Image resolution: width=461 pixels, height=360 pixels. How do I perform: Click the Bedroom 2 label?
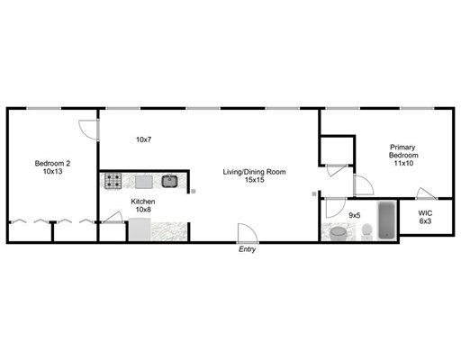[x=52, y=163]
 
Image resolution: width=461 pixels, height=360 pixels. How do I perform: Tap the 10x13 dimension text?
[x=52, y=172]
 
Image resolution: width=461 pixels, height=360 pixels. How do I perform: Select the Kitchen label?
[x=143, y=201]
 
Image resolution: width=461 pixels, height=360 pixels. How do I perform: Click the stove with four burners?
[x=113, y=181]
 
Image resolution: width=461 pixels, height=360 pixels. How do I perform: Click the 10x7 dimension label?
[x=143, y=139]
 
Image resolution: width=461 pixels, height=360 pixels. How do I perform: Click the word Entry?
[x=247, y=249]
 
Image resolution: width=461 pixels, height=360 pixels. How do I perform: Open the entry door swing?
[x=247, y=232]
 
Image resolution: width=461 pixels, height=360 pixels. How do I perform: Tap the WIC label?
[x=425, y=213]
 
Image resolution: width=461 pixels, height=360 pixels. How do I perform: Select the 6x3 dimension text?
[x=425, y=223]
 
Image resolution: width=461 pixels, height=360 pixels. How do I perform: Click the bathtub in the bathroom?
[x=387, y=220]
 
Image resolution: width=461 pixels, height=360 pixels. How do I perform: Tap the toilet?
[x=366, y=232]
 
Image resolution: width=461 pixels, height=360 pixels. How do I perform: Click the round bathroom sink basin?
[x=339, y=232]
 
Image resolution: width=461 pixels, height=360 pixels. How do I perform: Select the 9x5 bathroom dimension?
[x=354, y=215]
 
